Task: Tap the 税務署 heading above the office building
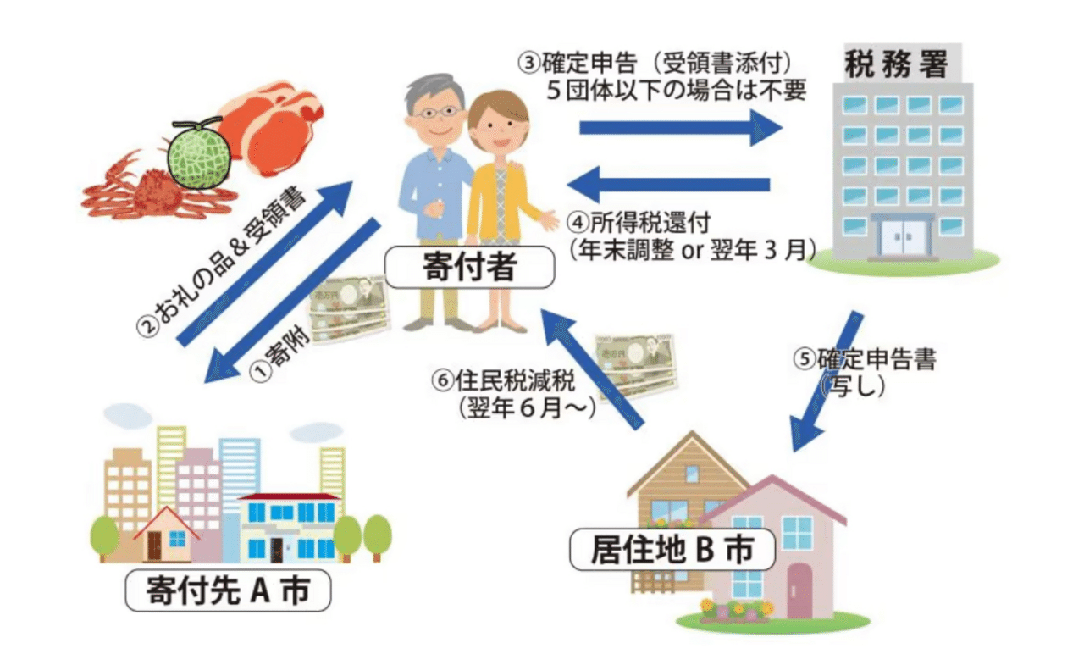point(896,65)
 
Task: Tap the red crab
point(152,191)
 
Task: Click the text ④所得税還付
point(644,224)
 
